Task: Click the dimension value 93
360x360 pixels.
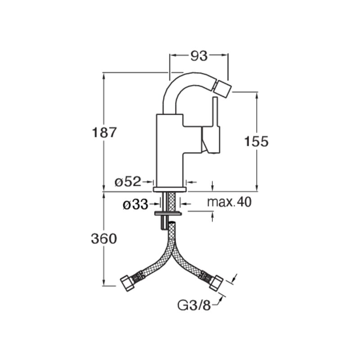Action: coord(199,56)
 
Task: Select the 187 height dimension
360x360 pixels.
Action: coord(104,132)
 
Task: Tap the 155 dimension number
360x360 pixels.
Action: coord(256,141)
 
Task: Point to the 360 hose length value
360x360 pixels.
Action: coord(104,238)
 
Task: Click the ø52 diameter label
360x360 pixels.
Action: coord(128,182)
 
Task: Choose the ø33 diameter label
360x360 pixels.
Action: coord(135,204)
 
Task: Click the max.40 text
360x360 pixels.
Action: coord(229,202)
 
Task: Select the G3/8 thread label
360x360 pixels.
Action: coord(194,305)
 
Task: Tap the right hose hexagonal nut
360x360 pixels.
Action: coord(216,283)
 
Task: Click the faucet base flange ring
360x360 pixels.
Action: coord(170,189)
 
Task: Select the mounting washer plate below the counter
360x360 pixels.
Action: coord(168,213)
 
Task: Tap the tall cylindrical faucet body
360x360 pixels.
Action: coord(170,150)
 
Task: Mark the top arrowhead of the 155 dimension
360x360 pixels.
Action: coord(256,96)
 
